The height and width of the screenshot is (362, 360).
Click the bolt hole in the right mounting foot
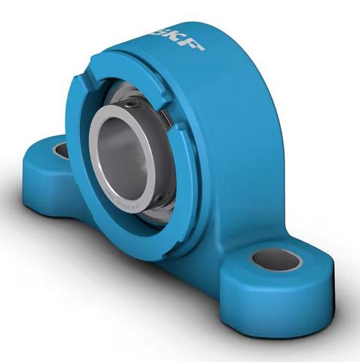275,259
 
